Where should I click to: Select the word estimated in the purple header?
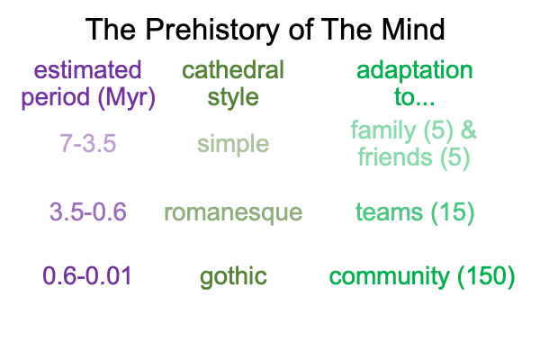click(87, 70)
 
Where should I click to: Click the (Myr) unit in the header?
click(126, 98)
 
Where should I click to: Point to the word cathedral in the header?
click(233, 70)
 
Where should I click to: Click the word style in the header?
click(233, 98)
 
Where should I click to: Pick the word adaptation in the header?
click(414, 71)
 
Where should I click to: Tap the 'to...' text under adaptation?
click(414, 97)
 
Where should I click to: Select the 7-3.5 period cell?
click(88, 143)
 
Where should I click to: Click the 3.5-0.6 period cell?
click(88, 211)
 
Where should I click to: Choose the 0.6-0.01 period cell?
click(87, 276)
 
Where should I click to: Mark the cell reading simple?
click(233, 145)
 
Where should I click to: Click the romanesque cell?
click(233, 213)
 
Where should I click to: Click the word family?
click(383, 131)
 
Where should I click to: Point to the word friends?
click(395, 157)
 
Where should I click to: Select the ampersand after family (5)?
click(468, 130)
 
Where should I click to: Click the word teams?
click(389, 211)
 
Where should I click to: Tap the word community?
click(389, 277)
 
